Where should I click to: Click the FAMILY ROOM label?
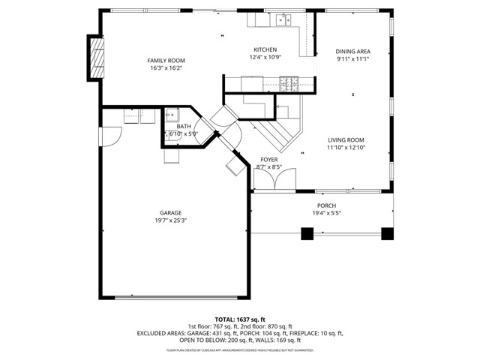click(x=166, y=61)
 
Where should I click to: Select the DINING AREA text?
click(x=352, y=51)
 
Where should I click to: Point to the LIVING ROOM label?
click(x=345, y=139)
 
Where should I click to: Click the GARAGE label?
click(x=170, y=212)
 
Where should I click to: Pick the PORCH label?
click(x=326, y=205)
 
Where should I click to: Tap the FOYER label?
click(x=268, y=160)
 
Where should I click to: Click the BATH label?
click(x=183, y=126)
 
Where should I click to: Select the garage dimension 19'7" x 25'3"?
click(x=170, y=220)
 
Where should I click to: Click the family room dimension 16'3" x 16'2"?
click(x=166, y=68)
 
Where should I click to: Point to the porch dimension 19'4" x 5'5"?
click(x=326, y=214)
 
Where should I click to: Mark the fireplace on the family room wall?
click(x=94, y=57)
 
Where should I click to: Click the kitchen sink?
click(x=282, y=20)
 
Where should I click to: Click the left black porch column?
click(x=307, y=234)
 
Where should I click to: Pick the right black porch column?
click(x=387, y=234)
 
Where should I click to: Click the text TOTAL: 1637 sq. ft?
click(x=239, y=319)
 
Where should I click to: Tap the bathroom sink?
click(x=172, y=115)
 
